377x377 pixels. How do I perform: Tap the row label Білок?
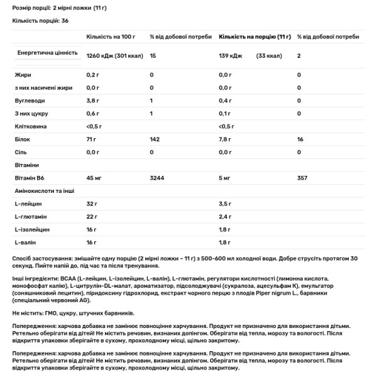pyautogui.click(x=21, y=139)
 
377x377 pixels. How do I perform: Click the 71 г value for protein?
pyautogui.click(x=92, y=139)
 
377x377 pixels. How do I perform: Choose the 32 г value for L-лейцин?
pyautogui.click(x=92, y=204)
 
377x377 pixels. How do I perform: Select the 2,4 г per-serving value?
pyautogui.click(x=226, y=217)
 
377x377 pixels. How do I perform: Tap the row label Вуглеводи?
pyautogui.click(x=27, y=101)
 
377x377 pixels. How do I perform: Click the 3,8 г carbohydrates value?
pyautogui.click(x=94, y=101)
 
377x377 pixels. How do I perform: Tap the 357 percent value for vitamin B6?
pyautogui.click(x=302, y=179)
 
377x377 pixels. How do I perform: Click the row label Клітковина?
pyautogui.click(x=28, y=126)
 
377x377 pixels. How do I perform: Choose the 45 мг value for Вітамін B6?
pyautogui.click(x=94, y=179)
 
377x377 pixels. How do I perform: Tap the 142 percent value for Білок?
pyautogui.click(x=155, y=139)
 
